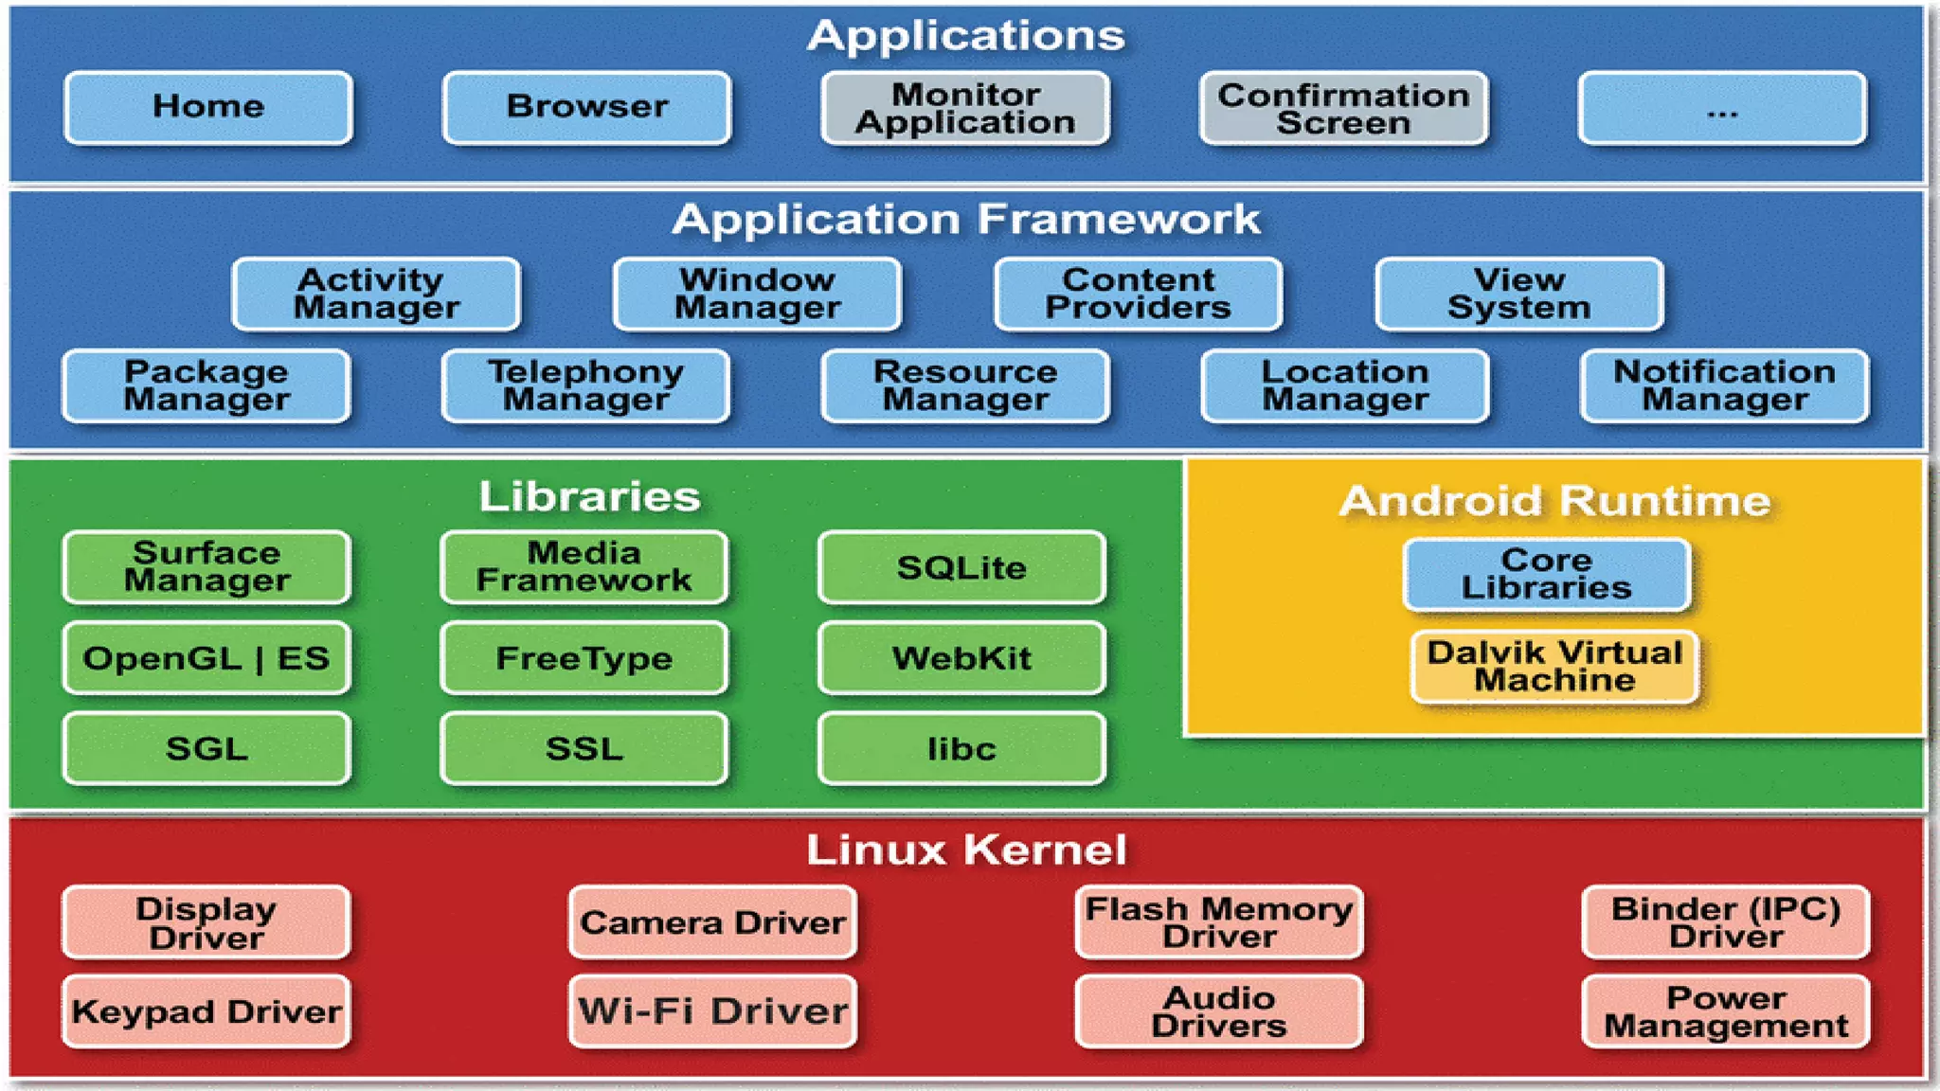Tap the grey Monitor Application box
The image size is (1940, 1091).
[965, 108]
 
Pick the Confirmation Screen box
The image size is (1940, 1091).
[1343, 108]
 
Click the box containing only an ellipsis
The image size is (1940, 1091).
[1722, 108]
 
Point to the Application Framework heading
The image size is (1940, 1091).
[966, 220]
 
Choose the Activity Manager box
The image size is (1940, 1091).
[376, 294]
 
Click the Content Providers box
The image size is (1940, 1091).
[1138, 294]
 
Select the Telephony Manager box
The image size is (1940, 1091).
[585, 385]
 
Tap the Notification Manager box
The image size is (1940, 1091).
[1724, 385]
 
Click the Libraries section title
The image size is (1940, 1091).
[589, 496]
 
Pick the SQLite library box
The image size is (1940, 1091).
[961, 567]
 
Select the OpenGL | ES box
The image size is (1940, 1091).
[207, 658]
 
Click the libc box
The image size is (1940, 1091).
[961, 749]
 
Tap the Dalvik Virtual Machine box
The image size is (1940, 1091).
[1554, 667]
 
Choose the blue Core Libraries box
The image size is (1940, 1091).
[1546, 574]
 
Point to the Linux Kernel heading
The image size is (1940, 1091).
[966, 850]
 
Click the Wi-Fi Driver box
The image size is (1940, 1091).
[712, 1011]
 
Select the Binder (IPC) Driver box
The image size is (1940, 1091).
[1725, 922]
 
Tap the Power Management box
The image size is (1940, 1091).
[1725, 1011]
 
